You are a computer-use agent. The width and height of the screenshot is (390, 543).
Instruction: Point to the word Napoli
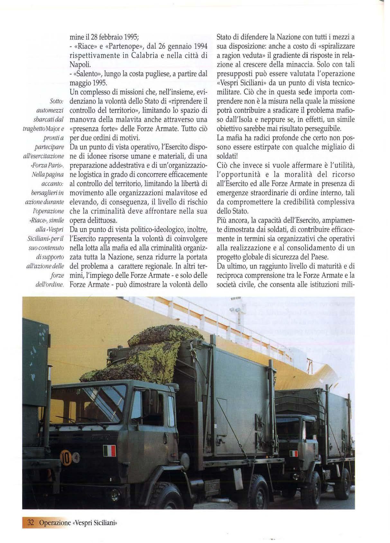tap(81, 64)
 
